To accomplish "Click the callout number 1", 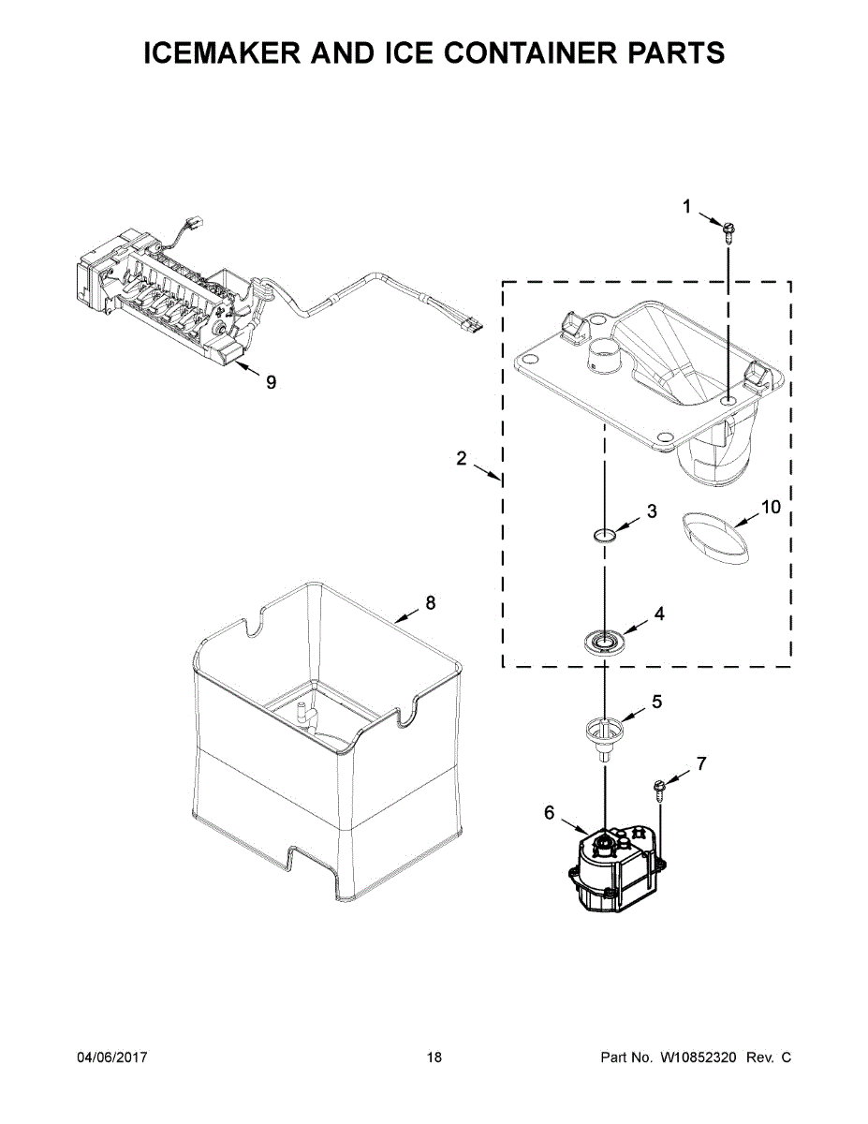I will tap(686, 207).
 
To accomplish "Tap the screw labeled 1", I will tap(728, 229).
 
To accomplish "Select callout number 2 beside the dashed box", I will tap(461, 458).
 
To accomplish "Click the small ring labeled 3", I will tap(605, 536).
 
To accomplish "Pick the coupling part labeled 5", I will tap(604, 731).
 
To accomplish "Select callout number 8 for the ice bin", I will tap(431, 603).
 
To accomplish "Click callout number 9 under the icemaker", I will tap(272, 381).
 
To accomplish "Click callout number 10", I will tap(770, 507).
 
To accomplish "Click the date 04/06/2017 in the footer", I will tap(111, 1057).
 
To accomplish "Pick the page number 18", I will tap(434, 1057).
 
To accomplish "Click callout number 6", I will tap(550, 813).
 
